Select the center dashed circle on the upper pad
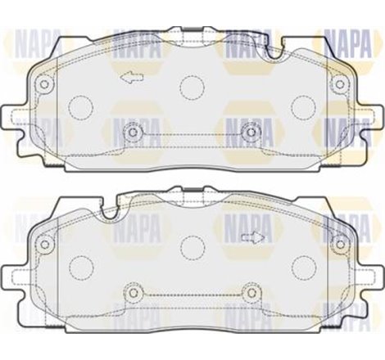pos(192,86)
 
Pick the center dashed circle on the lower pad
pos(192,246)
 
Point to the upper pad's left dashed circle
pos(81,106)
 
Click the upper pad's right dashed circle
pos(304,106)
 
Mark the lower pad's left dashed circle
pos(81,266)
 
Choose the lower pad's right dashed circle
pos(305,266)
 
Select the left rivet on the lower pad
pos(132,292)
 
